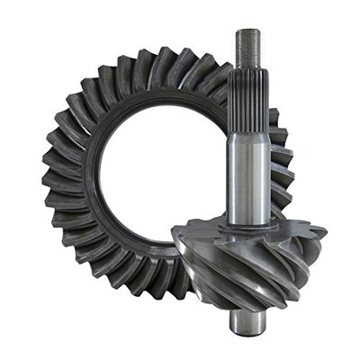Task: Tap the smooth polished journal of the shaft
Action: pyautogui.click(x=247, y=175)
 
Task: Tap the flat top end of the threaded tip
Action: pyautogui.click(x=247, y=31)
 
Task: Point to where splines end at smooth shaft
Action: pyautogui.click(x=247, y=132)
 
